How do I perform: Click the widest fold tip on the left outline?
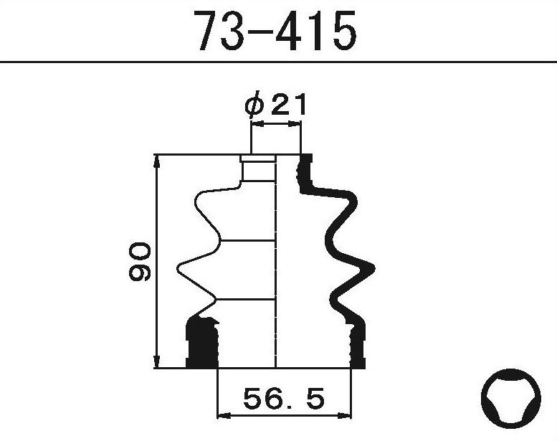[178, 270]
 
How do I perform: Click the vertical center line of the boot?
[276, 265]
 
